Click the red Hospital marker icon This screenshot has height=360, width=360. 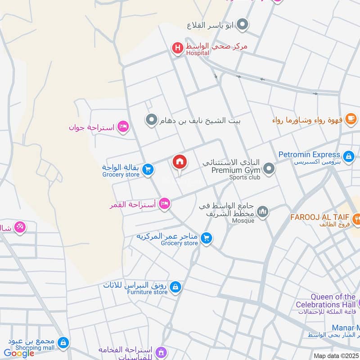178,48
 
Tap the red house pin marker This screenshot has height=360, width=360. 180,162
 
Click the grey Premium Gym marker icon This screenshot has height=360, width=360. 269,169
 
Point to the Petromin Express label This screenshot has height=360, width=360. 309,155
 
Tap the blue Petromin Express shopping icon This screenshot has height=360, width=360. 348,156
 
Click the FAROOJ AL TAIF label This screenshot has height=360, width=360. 320,217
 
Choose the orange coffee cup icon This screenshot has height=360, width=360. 352,120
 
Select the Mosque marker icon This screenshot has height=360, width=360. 263,211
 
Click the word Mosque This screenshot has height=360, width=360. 243,220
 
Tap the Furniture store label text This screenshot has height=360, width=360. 147,292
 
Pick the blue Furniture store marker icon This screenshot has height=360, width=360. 175,286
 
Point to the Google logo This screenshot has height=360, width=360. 19,353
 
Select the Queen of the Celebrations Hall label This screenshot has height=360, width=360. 326,301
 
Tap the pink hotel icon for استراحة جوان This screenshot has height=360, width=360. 122,127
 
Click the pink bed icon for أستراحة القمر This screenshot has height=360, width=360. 165,205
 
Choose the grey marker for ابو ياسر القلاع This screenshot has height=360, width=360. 243,25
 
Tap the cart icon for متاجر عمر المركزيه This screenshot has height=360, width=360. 206,237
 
